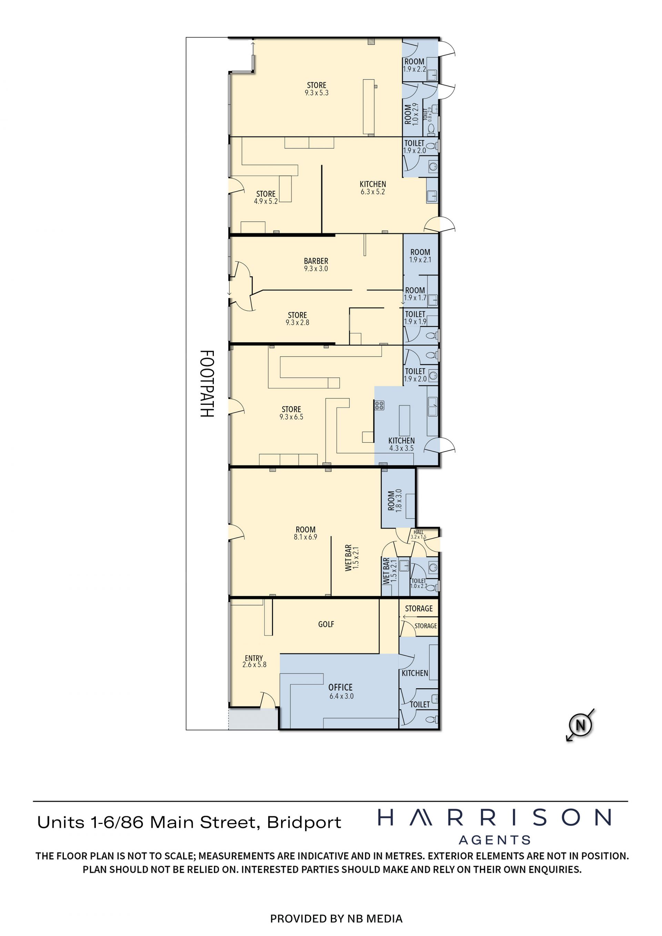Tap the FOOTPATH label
tap(207, 384)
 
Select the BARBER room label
tap(316, 264)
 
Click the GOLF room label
tap(326, 624)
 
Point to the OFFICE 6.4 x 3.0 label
tap(341, 692)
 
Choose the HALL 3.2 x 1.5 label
tap(418, 534)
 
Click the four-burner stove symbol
tap(380, 405)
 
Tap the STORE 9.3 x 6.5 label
tap(291, 413)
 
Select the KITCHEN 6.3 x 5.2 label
tap(373, 188)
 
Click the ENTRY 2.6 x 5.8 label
tap(254, 661)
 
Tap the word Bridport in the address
tap(304, 823)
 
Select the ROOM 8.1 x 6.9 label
tap(305, 533)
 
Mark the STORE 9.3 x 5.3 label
tap(317, 89)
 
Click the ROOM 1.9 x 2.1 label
tap(420, 255)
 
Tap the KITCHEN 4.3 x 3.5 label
tap(402, 444)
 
